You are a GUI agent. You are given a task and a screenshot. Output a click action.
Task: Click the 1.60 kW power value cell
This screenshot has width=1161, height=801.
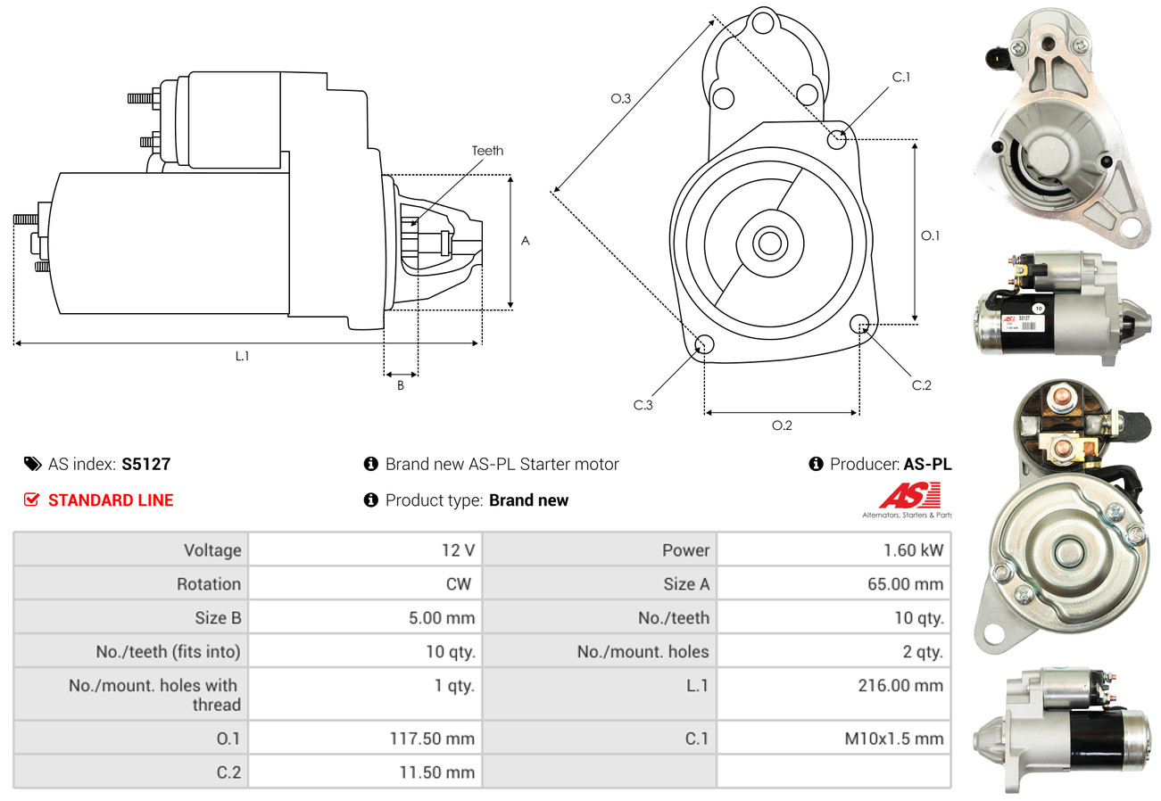[x=913, y=549]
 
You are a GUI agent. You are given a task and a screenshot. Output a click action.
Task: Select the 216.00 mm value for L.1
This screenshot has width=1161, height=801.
[x=903, y=685]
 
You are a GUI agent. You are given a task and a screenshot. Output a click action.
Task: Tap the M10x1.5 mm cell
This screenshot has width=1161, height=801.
[x=892, y=739]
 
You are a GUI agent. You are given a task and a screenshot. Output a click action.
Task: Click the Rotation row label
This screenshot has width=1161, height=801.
[x=208, y=583]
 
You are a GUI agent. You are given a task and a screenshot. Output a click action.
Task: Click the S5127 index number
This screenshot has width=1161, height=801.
[x=145, y=464]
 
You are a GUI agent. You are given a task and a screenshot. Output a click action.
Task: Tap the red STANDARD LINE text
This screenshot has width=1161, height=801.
[x=111, y=500]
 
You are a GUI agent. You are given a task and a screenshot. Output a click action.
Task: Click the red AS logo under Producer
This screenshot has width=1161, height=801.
[x=909, y=495]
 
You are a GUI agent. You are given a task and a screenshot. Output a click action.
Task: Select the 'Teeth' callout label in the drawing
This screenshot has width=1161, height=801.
[x=487, y=151]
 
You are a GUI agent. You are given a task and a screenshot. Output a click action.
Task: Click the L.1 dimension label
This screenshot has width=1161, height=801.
[x=242, y=356]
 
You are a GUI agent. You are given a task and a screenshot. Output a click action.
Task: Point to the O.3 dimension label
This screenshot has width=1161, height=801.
[x=621, y=99]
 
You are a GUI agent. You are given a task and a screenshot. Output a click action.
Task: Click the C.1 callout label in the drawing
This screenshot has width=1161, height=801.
[x=901, y=77]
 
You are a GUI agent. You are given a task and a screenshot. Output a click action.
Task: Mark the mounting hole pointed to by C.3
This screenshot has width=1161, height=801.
[x=703, y=344]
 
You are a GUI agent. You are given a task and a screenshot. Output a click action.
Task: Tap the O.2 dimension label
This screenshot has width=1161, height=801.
[x=782, y=425]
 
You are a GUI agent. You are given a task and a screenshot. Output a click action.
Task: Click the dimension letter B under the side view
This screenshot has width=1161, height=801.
[x=401, y=386]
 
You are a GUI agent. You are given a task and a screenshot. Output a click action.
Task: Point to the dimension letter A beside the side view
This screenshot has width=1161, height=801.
[x=526, y=241]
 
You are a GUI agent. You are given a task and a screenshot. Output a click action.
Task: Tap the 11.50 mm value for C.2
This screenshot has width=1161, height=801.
[x=436, y=772]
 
